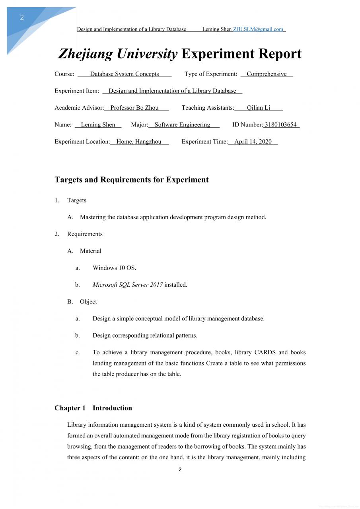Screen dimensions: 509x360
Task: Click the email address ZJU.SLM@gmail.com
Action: (258, 29)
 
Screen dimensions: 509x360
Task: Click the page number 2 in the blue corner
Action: (22, 17)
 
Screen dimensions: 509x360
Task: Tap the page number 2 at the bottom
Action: (180, 470)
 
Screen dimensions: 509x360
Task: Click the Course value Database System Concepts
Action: (125, 74)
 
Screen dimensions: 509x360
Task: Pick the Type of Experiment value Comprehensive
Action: (267, 74)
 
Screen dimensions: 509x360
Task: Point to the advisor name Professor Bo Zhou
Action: (134, 108)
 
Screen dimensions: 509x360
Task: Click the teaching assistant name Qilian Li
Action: (259, 108)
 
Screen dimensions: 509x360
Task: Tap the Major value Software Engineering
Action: (182, 124)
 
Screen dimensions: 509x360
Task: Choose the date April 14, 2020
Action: (253, 142)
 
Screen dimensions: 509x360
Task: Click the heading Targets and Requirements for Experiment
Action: (132, 180)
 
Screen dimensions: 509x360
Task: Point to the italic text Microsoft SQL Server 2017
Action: (128, 285)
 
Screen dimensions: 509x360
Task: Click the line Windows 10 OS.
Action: (114, 268)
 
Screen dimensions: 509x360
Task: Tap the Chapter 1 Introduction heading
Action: (93, 408)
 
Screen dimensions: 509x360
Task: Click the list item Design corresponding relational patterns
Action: (145, 335)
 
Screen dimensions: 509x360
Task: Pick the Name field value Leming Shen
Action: (98, 124)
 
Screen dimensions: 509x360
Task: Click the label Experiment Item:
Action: (77, 91)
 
